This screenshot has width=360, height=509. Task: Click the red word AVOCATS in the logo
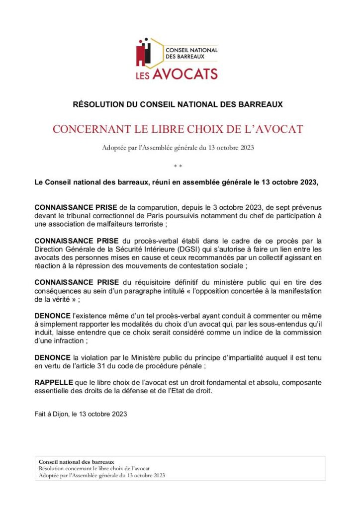(184, 75)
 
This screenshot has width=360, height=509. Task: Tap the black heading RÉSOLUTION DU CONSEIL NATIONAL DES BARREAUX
(178, 104)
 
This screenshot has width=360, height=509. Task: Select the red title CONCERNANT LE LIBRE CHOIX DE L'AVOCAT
(178, 130)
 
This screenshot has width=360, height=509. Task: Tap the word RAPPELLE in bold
(53, 382)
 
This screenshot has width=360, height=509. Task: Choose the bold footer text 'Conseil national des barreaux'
(76, 462)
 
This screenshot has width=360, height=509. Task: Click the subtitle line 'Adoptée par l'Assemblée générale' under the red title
(178, 148)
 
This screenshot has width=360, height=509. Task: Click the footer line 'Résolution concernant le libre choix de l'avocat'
(94, 468)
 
